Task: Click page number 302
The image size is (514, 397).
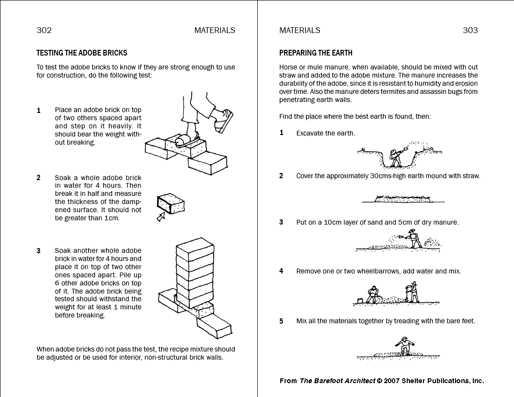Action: (44, 30)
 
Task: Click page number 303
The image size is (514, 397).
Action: (470, 30)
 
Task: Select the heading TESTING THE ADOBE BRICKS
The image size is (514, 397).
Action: (82, 53)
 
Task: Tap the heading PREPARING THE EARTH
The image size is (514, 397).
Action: (316, 53)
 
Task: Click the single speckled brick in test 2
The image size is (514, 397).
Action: (171, 204)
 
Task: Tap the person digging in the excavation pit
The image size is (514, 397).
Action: (396, 157)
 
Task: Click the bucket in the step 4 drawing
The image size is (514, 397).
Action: (360, 301)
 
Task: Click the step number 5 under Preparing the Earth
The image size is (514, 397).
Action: (282, 321)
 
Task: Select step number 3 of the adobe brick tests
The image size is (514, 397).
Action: (39, 251)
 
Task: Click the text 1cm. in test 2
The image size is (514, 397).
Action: (112, 218)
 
